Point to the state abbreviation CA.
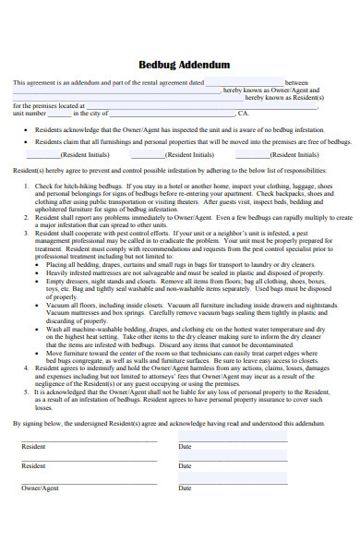(244, 113)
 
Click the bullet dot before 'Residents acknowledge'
(25, 130)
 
